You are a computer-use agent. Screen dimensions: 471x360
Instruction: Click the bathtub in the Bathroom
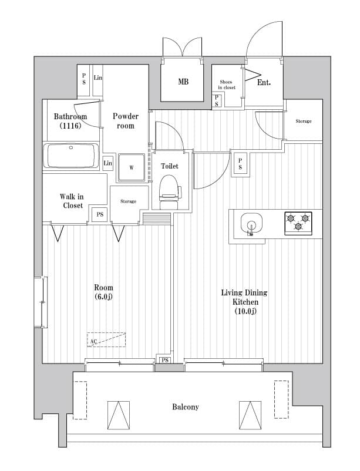tap(71, 156)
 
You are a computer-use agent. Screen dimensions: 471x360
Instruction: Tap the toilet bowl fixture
tap(169, 189)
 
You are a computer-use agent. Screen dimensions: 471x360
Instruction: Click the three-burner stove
tap(298, 223)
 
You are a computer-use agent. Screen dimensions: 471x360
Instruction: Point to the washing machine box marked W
tap(132, 167)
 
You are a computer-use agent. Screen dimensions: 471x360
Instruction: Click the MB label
tap(183, 82)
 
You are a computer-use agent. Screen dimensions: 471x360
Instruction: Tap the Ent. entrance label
tap(264, 83)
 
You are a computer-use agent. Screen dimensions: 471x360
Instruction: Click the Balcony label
tap(185, 406)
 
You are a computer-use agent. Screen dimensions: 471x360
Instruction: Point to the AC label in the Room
tap(93, 341)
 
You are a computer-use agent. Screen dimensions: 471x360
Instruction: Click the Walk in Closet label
tap(73, 201)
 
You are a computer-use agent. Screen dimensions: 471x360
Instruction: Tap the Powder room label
tap(126, 121)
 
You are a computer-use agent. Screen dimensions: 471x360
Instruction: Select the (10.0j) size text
tap(244, 311)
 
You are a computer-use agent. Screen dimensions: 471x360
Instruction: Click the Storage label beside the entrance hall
tap(303, 121)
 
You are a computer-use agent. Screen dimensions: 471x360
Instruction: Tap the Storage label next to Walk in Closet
tap(128, 201)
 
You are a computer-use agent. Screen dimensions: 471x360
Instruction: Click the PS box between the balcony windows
tap(164, 360)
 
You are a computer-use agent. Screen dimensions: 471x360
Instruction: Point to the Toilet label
tap(170, 166)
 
